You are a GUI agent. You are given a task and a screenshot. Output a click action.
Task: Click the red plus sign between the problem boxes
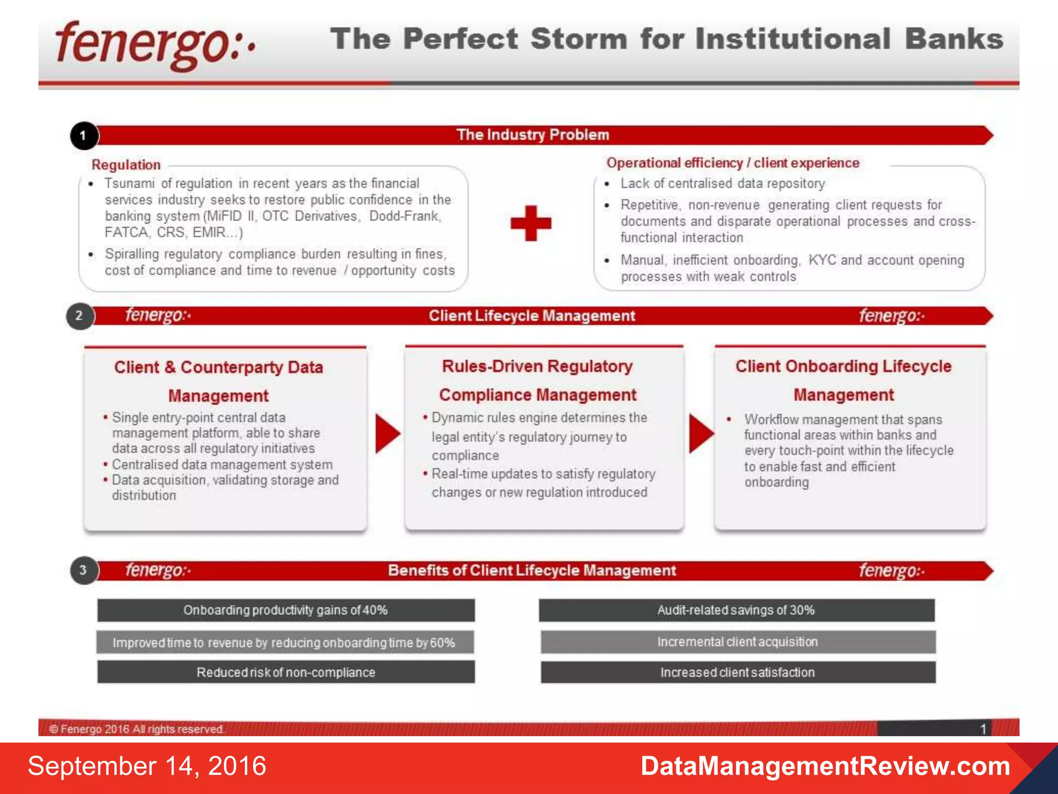tap(531, 223)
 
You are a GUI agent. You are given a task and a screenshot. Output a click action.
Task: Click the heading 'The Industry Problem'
tap(533, 135)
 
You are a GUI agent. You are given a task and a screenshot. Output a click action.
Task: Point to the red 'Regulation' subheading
tap(126, 165)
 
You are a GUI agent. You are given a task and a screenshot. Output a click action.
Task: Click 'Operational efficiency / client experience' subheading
tap(733, 163)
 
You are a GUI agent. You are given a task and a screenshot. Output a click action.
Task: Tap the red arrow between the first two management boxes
tap(387, 433)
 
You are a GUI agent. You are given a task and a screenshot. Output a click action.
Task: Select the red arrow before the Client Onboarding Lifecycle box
tap(701, 433)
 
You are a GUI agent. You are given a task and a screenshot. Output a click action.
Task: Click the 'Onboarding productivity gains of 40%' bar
tap(286, 610)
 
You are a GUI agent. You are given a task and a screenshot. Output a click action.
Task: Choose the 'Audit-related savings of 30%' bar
tap(736, 610)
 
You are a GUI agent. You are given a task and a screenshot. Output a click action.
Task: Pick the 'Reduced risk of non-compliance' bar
tap(286, 672)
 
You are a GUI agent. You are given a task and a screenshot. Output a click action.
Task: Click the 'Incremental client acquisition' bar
tap(738, 642)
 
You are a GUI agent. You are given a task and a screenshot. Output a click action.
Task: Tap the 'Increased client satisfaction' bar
tap(738, 672)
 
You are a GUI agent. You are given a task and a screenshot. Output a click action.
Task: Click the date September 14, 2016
tap(147, 766)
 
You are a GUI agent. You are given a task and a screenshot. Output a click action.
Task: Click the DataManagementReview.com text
tap(825, 766)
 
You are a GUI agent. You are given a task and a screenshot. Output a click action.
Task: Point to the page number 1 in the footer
tap(983, 729)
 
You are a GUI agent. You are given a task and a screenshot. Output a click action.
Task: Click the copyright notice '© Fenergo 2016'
tap(136, 729)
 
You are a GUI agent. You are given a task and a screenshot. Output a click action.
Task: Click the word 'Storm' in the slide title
tap(579, 39)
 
